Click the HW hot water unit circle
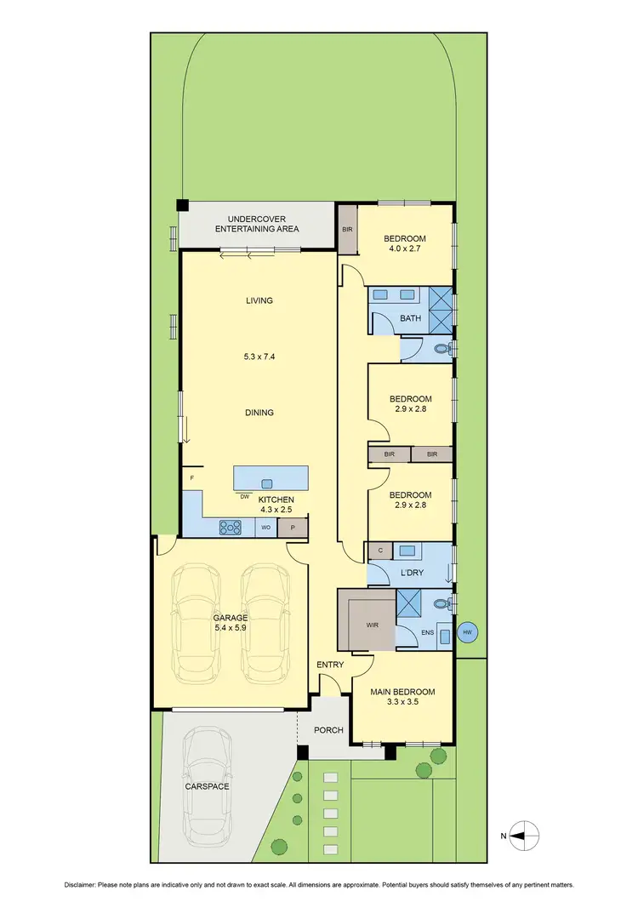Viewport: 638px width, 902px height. point(466,631)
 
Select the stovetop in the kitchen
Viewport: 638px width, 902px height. point(231,528)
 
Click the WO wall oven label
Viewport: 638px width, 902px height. point(265,528)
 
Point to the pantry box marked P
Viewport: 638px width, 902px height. point(293,528)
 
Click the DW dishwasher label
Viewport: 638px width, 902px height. point(244,496)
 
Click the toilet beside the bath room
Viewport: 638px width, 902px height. point(442,348)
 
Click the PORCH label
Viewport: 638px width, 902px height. point(328,729)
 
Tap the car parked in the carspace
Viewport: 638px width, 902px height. point(208,784)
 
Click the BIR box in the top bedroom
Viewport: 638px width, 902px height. point(347,230)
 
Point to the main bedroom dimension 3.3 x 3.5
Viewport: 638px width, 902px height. point(404,702)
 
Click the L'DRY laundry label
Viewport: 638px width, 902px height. point(411,574)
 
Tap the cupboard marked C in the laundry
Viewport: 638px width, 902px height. point(379,551)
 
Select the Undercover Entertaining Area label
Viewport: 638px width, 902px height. point(257,224)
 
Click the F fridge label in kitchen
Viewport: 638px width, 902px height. point(192,477)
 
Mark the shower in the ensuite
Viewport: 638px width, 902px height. point(411,604)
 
